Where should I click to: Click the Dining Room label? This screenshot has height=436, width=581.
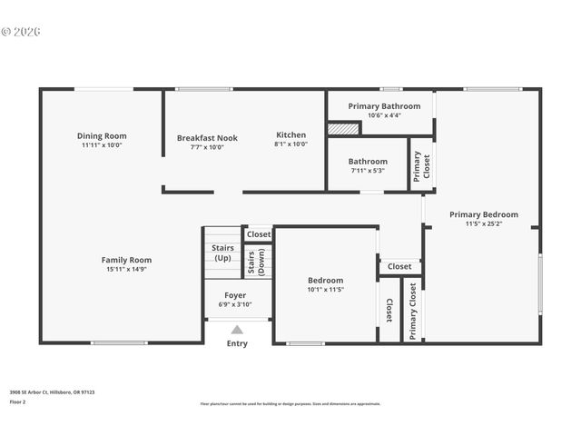pyautogui.click(x=102, y=135)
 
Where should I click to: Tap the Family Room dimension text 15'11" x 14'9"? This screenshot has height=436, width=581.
pyautogui.click(x=126, y=269)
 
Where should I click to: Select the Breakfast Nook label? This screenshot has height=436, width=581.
pyautogui.click(x=207, y=138)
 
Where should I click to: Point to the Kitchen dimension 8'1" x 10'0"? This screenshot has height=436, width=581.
pyautogui.click(x=291, y=144)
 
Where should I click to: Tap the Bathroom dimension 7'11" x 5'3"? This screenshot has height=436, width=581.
pyautogui.click(x=368, y=170)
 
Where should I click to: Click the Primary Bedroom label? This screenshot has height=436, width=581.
pyautogui.click(x=484, y=214)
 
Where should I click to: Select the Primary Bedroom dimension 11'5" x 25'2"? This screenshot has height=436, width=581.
pyautogui.click(x=484, y=223)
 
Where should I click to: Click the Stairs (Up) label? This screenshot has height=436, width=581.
pyautogui.click(x=222, y=253)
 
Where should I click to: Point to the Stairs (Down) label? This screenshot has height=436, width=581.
pyautogui.click(x=256, y=261)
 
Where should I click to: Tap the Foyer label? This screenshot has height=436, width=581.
pyautogui.click(x=235, y=295)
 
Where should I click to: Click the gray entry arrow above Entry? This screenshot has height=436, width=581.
pyautogui.click(x=237, y=330)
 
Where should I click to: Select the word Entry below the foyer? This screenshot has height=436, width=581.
pyautogui.click(x=237, y=343)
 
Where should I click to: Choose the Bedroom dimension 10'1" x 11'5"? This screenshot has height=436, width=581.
pyautogui.click(x=325, y=290)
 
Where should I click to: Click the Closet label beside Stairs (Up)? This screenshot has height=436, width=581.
pyautogui.click(x=259, y=234)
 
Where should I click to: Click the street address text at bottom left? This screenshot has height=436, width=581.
pyautogui.click(x=52, y=392)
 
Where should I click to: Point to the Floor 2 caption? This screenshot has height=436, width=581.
pyautogui.click(x=18, y=401)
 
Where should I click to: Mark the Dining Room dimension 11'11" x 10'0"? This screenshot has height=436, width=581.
pyautogui.click(x=102, y=144)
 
